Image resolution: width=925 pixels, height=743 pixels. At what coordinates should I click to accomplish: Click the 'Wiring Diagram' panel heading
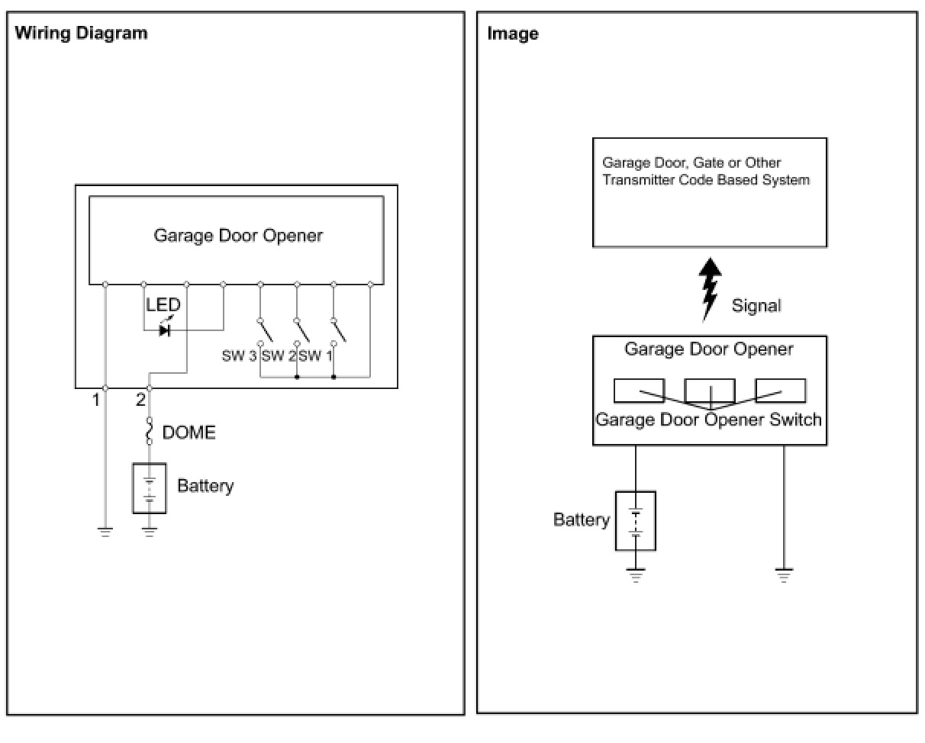(x=81, y=33)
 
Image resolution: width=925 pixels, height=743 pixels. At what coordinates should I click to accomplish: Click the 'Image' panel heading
(x=512, y=34)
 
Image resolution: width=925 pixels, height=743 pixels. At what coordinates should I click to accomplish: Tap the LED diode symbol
(x=164, y=330)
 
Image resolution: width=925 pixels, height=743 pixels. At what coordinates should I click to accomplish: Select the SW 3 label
(x=239, y=355)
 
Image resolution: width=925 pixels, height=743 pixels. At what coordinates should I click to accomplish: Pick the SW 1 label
(x=315, y=355)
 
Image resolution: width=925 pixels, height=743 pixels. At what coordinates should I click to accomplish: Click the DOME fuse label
(x=189, y=433)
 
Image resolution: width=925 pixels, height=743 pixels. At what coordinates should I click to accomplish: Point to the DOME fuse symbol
(x=150, y=431)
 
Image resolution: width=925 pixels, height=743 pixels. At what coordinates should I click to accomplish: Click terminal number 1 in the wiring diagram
(x=96, y=399)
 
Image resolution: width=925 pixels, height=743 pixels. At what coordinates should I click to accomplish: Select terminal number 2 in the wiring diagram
(x=140, y=399)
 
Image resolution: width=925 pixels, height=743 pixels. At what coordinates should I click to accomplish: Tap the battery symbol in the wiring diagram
(x=150, y=487)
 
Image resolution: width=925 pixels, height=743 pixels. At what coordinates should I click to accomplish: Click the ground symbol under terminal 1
(x=105, y=532)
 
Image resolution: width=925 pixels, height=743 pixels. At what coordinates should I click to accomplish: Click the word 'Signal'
(x=756, y=306)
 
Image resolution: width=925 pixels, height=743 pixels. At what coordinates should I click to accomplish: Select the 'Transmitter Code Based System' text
(x=706, y=181)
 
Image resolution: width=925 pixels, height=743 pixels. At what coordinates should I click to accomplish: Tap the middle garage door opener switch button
(x=710, y=391)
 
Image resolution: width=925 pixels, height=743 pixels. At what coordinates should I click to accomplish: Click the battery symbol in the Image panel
(x=636, y=520)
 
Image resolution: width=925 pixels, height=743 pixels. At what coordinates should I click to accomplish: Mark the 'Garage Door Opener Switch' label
(x=708, y=420)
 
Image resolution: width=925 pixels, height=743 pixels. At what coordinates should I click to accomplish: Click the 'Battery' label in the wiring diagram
(x=205, y=486)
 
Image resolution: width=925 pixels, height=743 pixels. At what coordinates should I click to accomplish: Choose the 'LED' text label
(x=163, y=305)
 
